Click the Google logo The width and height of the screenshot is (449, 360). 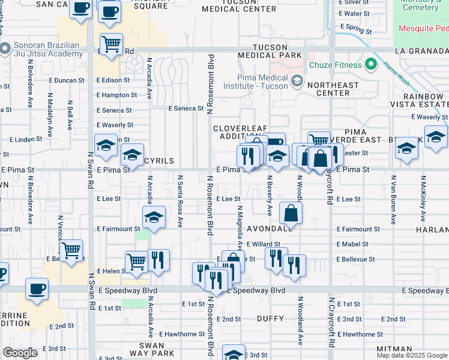point(20,353)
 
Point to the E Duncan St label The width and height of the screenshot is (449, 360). point(67,80)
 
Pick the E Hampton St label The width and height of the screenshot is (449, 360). point(116,95)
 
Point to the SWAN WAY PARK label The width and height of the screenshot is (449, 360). point(143,350)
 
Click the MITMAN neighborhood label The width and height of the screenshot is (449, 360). point(394,349)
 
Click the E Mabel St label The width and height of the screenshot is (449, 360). point(352,244)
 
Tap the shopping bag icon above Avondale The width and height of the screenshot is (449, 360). point(291,213)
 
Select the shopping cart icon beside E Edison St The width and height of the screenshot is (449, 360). point(111,44)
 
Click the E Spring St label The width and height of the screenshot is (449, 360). point(356,27)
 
